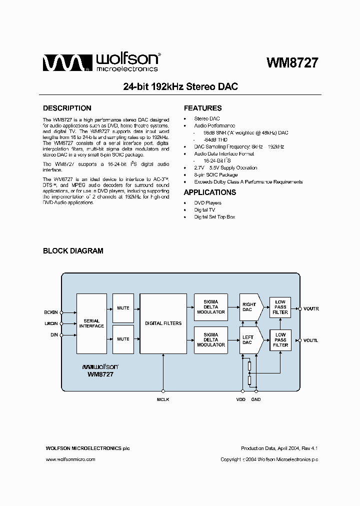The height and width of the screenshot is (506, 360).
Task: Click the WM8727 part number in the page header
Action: [292, 63]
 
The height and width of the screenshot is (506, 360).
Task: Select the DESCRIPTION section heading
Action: [67, 108]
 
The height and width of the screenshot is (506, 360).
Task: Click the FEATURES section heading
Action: [202, 108]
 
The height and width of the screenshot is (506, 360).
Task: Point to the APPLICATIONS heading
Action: [210, 192]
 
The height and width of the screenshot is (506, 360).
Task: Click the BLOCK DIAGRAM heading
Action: [73, 251]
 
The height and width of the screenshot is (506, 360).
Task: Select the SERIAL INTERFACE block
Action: [91, 323]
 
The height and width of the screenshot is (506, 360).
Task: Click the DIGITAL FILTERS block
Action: [163, 323]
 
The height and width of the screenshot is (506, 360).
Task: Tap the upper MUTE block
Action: [123, 308]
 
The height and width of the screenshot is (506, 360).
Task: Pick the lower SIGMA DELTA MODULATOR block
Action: [210, 340]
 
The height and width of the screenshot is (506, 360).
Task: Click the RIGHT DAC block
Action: [248, 307]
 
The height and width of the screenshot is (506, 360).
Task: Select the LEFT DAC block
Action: [248, 340]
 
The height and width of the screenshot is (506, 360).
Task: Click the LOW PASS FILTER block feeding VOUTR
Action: [280, 306]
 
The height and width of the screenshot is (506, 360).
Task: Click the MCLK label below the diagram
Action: [163, 399]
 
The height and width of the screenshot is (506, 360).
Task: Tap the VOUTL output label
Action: [310, 340]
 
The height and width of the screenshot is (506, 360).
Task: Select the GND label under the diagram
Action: [256, 399]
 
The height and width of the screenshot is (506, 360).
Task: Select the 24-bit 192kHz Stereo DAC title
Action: [180, 86]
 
